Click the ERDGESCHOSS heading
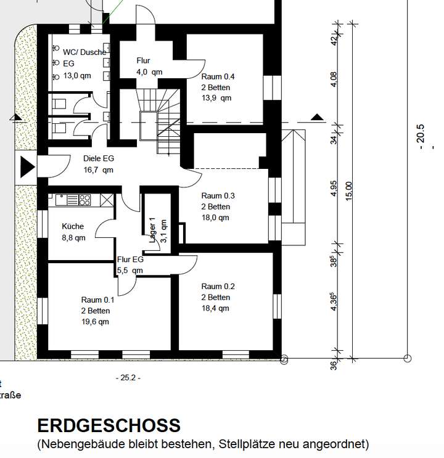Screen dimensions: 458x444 click(x=109, y=425)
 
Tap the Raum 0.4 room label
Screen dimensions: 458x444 click(x=218, y=76)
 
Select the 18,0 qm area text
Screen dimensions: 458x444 click(x=215, y=217)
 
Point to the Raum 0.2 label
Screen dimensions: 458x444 click(x=218, y=287)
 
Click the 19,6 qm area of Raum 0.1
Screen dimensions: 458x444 click(x=95, y=321)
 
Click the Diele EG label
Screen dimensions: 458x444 click(x=99, y=158)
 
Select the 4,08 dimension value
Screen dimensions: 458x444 click(x=334, y=79)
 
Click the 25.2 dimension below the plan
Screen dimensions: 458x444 click(x=128, y=377)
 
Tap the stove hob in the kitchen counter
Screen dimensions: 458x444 click(x=84, y=199)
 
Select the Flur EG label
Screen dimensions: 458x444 click(x=129, y=260)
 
